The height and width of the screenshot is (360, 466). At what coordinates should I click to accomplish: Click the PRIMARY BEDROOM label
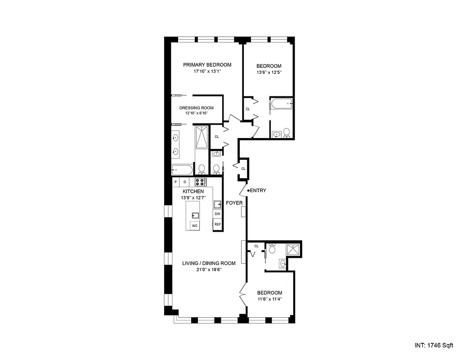(x=207, y=65)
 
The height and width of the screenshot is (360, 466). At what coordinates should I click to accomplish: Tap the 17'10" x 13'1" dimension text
(x=207, y=71)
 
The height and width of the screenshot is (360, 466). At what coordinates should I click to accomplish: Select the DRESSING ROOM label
(x=196, y=108)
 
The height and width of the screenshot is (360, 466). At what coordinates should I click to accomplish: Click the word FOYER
(x=234, y=203)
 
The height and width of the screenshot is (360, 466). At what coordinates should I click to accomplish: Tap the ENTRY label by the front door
(x=257, y=190)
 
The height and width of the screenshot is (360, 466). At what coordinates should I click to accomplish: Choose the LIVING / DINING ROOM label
(x=209, y=263)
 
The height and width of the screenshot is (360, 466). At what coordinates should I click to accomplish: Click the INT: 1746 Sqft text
(x=434, y=346)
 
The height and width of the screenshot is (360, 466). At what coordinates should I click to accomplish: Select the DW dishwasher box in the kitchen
(x=217, y=214)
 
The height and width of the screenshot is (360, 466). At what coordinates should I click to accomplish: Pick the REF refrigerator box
(x=217, y=224)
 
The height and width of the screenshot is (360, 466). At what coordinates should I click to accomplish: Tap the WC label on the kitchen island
(x=195, y=225)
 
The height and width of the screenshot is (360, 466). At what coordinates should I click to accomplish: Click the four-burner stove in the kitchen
(x=200, y=182)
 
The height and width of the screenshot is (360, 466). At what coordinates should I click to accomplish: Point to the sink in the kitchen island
(x=195, y=215)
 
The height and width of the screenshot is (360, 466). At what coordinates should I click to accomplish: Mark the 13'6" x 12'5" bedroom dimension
(x=269, y=72)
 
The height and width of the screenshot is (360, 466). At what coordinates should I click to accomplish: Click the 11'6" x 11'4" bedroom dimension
(x=269, y=299)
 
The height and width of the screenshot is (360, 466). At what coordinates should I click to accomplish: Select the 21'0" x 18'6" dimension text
(x=209, y=270)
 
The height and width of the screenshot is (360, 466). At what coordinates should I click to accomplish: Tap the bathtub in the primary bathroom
(x=182, y=170)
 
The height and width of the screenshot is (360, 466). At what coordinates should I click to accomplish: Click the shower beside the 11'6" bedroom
(x=292, y=249)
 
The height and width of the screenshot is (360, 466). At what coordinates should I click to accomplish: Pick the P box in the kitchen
(x=176, y=182)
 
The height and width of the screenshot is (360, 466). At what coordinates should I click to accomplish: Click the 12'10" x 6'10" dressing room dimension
(x=196, y=113)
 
